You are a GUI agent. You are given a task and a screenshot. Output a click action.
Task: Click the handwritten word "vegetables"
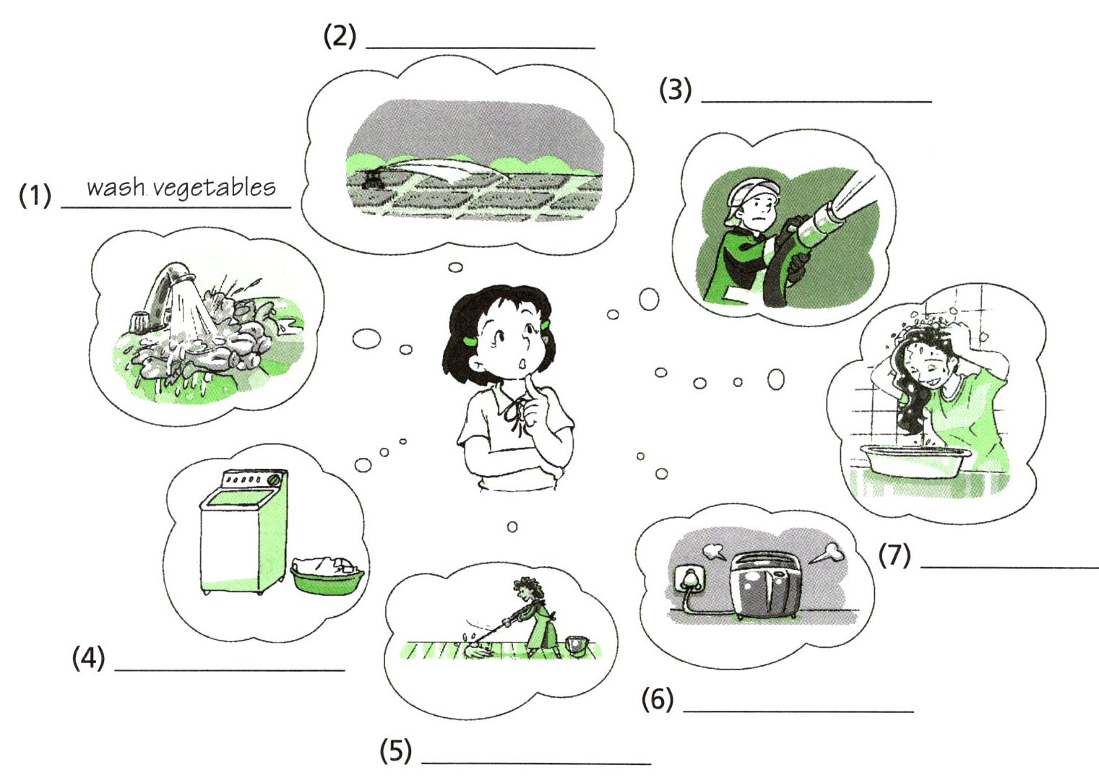215,189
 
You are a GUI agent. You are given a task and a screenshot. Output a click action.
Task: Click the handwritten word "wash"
116,187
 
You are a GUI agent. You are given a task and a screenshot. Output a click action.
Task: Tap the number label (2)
340,36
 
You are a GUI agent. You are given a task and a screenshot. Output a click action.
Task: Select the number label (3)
675,90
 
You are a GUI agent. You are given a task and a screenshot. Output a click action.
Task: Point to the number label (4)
89,658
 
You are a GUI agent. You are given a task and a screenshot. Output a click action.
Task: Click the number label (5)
396,750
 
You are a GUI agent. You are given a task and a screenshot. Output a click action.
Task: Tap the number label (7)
895,556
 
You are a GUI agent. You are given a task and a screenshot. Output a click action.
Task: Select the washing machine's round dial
276,479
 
